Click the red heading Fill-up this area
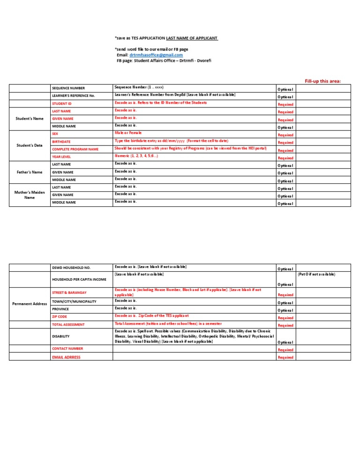pyautogui.click(x=322, y=81)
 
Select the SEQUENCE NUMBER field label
pyautogui.click(x=68, y=88)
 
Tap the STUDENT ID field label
pyautogui.click(x=62, y=103)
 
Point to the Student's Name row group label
pyautogui.click(x=30, y=119)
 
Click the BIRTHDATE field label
pyautogui.click(x=61, y=142)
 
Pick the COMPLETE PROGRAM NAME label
pyautogui.click(x=75, y=149)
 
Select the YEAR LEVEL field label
pyautogui.click(x=61, y=157)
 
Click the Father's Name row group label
pyautogui.click(x=30, y=172)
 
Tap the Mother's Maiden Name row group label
pyautogui.click(x=30, y=195)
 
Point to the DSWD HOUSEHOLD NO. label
pyautogui.click(x=71, y=267)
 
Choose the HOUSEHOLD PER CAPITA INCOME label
pyautogui.click(x=79, y=279)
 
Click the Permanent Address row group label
pyautogui.click(x=30, y=304)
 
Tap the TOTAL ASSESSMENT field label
pyautogui.click(x=68, y=324)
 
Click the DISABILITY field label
pyautogui.click(x=61, y=336)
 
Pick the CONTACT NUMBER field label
pyautogui.click(x=67, y=349)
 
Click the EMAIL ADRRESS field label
pyautogui.click(x=66, y=357)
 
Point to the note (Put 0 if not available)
pyautogui.click(x=316, y=274)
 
